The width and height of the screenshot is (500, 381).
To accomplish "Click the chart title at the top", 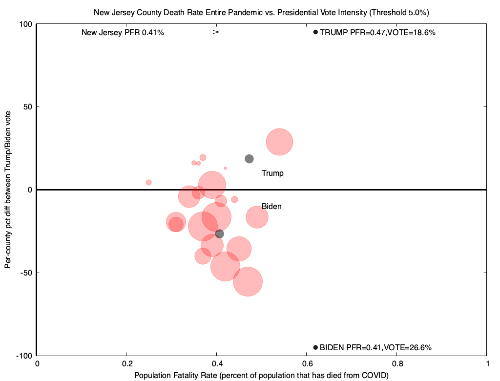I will pos(261,11).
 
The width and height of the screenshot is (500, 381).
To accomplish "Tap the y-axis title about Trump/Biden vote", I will pos(8,190).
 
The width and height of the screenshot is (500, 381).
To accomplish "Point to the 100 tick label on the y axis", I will pos(25,24).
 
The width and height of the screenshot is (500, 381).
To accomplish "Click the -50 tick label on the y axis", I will pos(25,273).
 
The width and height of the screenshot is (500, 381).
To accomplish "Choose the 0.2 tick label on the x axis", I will pos(127,363).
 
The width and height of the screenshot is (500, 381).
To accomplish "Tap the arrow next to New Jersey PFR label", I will pos(206,32).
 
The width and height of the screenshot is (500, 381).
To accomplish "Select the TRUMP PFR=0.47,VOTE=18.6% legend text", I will pos(377,33).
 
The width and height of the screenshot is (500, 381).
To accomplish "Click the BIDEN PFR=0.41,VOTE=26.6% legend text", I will pos(375,348).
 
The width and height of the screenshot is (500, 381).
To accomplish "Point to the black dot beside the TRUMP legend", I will pos(315,32).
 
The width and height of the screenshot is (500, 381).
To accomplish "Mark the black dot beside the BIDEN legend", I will pos(315,347).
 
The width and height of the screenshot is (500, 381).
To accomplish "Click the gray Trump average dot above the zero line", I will pos(249,159).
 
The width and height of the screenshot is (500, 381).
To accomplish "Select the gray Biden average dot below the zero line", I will pos(220,234).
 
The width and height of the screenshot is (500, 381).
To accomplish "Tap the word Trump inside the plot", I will pos(272,173).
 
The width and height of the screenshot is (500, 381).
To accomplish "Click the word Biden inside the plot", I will pos(271,207).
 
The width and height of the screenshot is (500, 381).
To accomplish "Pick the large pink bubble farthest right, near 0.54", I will pos(279,142).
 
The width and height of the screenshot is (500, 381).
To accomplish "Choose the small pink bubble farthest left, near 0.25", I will pos(148,183).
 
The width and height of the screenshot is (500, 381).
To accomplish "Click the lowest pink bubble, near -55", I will pos(248,282).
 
